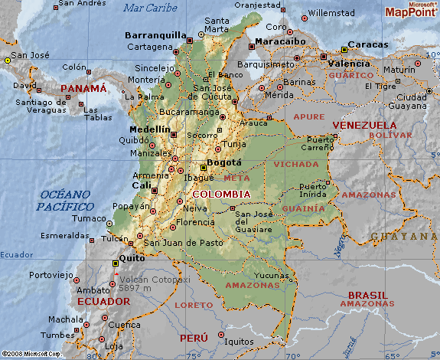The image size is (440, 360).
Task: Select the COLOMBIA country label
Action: (x=221, y=194)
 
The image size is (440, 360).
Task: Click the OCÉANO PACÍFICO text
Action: (x=66, y=201)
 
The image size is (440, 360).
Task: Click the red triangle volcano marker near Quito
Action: (x=116, y=272)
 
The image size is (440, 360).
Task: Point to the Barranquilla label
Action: (x=156, y=35)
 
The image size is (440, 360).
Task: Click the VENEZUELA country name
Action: (x=363, y=125)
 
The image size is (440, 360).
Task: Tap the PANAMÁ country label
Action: (x=83, y=89)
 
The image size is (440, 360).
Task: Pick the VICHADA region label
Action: (x=295, y=165)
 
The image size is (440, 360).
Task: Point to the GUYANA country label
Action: (x=403, y=237)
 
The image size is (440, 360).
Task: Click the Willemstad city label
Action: (x=332, y=13)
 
